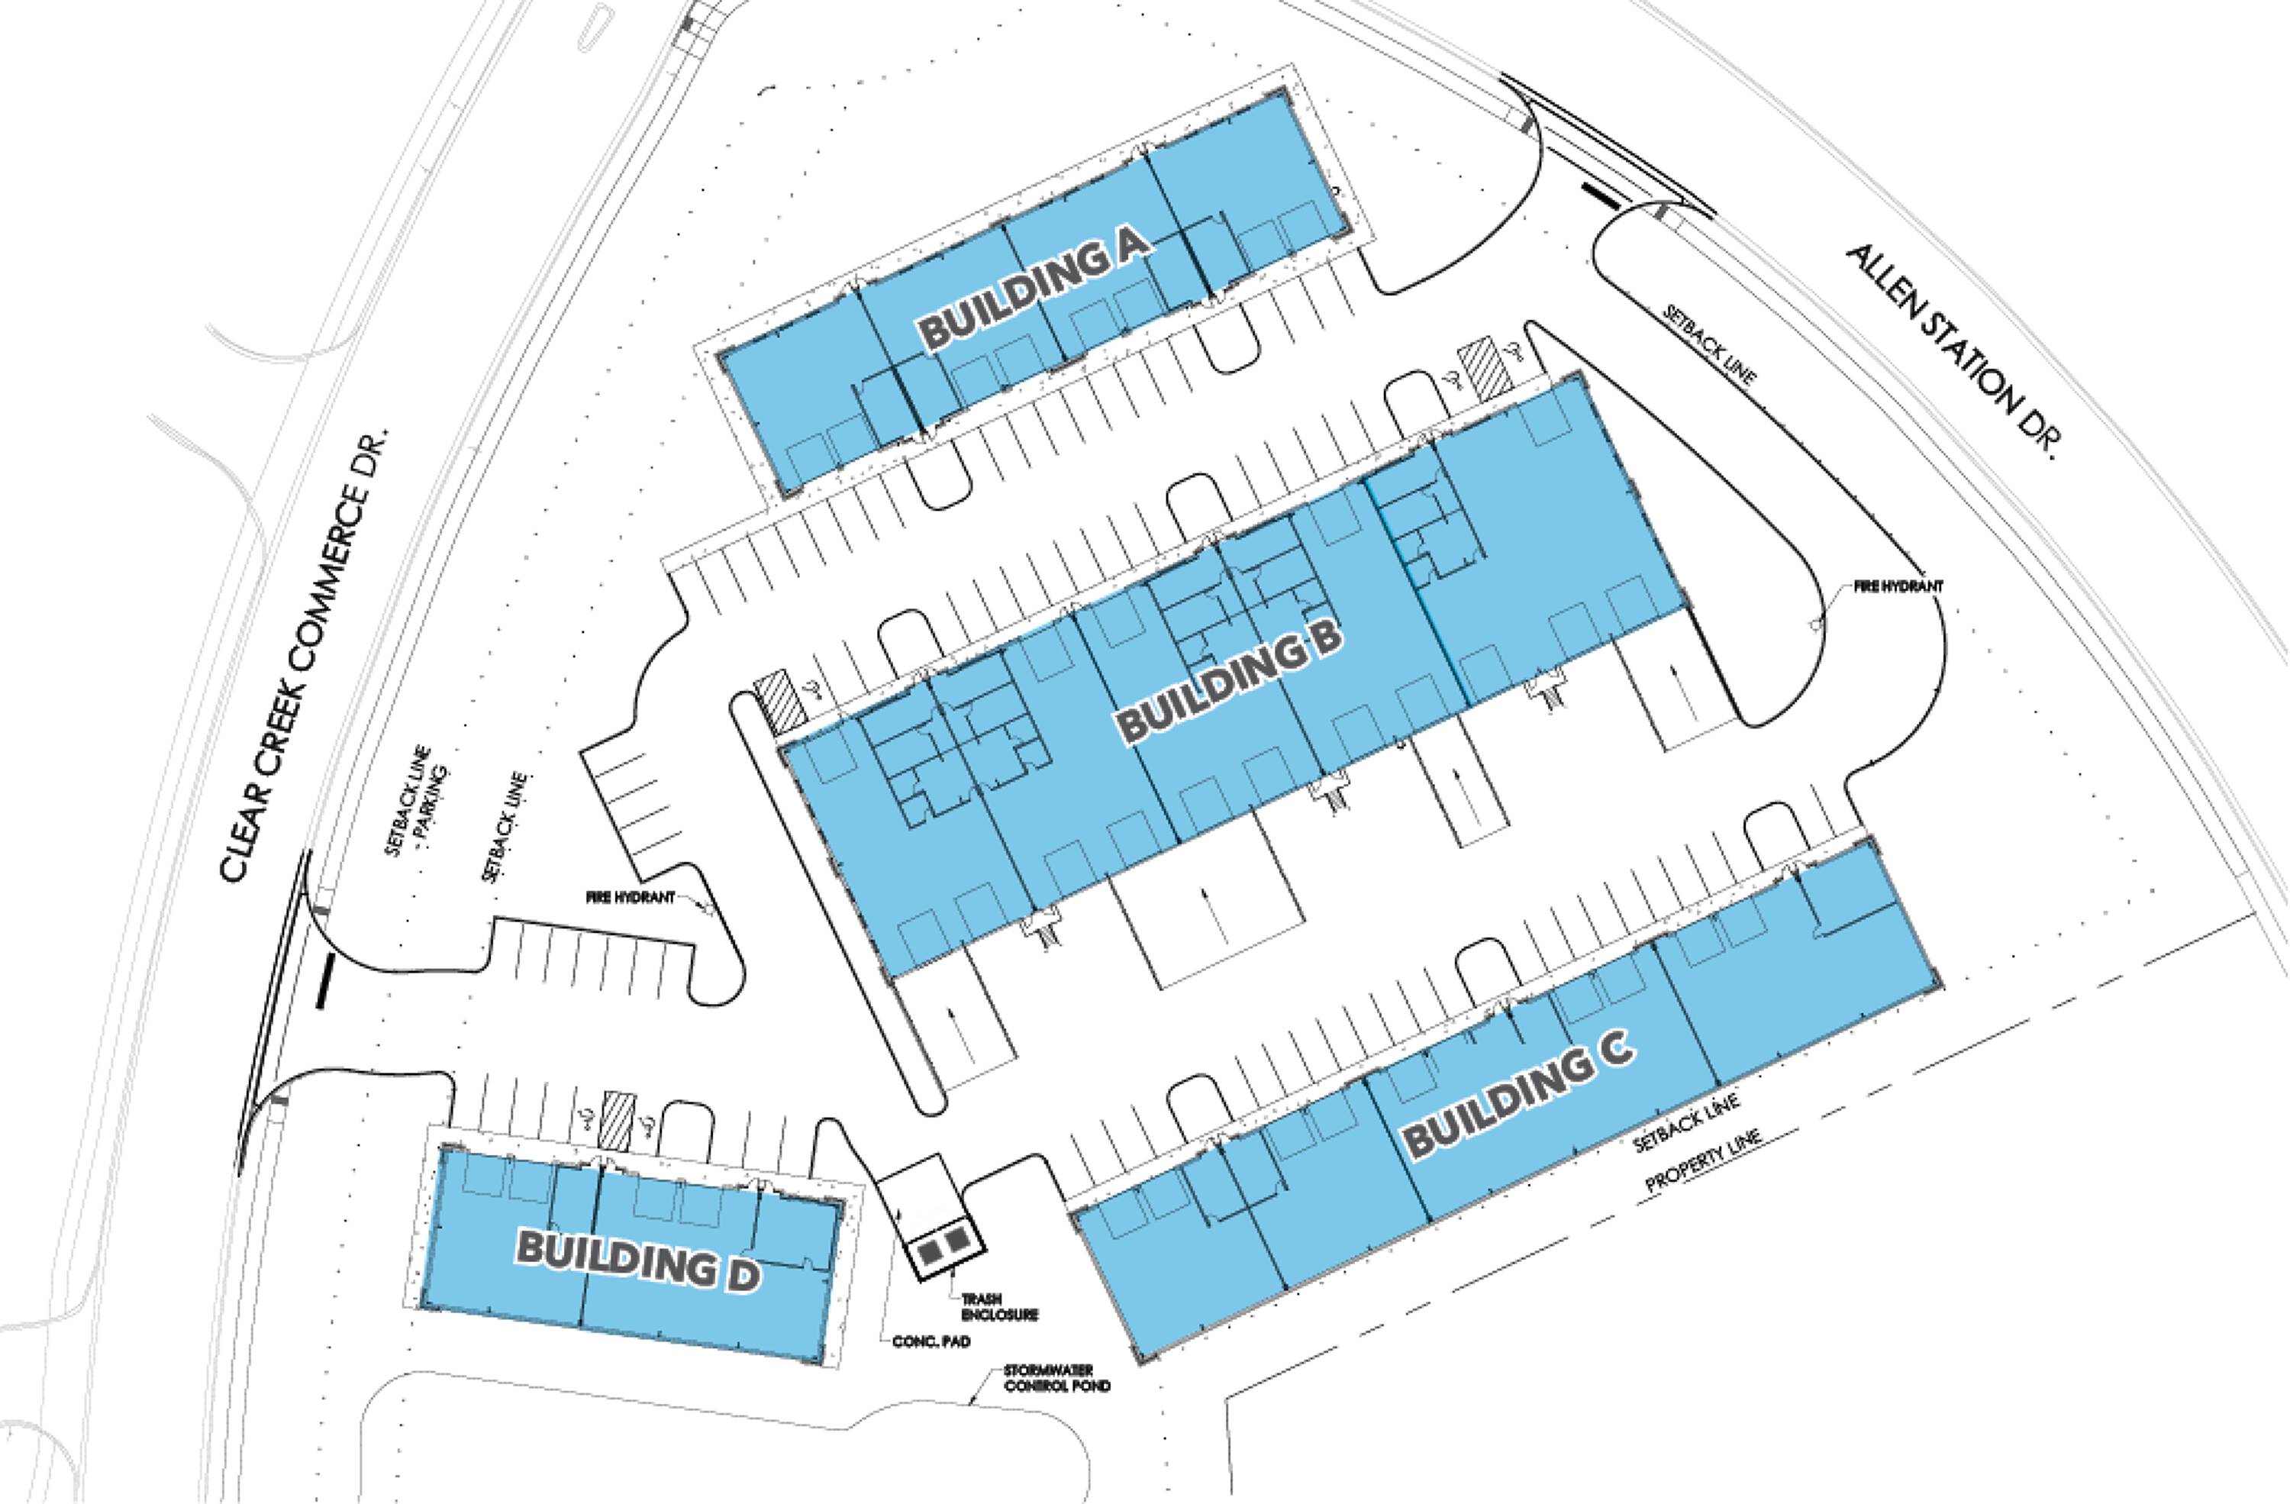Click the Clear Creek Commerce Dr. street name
pyautogui.click(x=305, y=657)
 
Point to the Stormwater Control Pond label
pyautogui.click(x=1056, y=1378)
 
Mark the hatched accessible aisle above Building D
pyautogui.click(x=617, y=1119)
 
